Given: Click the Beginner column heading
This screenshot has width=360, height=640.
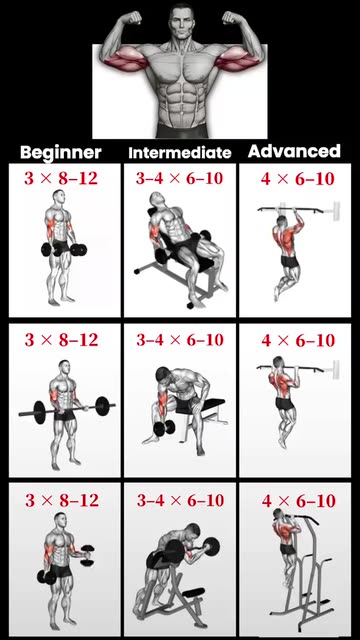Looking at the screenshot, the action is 61,152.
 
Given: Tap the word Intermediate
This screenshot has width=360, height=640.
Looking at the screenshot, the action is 180,153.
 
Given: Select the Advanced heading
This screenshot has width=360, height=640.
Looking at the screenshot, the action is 294,151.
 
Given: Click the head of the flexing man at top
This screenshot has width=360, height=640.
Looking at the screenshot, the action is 181,22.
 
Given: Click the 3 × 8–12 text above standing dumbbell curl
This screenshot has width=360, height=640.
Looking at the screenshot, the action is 61,178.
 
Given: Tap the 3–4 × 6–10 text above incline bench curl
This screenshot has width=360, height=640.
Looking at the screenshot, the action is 180,178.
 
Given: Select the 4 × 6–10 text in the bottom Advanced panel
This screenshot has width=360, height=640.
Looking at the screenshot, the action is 298,501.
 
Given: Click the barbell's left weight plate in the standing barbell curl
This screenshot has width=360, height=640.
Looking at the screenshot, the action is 39,412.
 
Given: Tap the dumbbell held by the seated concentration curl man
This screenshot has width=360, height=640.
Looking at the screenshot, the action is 164,428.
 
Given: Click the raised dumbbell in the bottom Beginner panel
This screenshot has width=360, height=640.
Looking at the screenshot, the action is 87,556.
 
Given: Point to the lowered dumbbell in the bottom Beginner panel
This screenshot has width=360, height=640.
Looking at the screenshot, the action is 47,577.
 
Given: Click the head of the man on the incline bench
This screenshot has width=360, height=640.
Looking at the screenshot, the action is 156,200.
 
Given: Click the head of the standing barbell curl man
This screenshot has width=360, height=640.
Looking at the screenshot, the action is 64,367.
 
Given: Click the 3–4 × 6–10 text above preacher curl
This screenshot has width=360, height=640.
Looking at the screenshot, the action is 180,501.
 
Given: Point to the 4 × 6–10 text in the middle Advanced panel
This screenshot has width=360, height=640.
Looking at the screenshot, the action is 298,340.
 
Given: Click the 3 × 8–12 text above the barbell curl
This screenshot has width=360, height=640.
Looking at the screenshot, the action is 61,340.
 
